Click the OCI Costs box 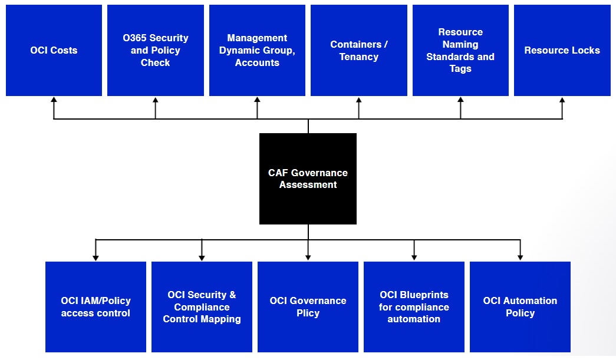pos(54,51)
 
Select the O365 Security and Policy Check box pos(156,51)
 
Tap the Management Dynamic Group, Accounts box pos(257,51)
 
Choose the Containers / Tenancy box pos(358,51)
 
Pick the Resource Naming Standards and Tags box pos(460,51)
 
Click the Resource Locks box pos(562,51)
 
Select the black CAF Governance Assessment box pos(308,179)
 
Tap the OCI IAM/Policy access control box pos(95,307)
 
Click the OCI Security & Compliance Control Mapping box pos(202,307)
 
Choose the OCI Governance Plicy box pos(308,307)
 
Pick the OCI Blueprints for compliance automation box pos(414,307)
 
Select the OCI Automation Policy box pos(520,307)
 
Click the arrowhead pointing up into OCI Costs pos(54,100)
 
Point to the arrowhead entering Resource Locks pos(562,100)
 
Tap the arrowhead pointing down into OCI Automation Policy pos(520,257)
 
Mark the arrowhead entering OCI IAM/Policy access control pos(95,257)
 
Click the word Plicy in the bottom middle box pos(308,313)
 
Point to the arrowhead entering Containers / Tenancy pos(358,100)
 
